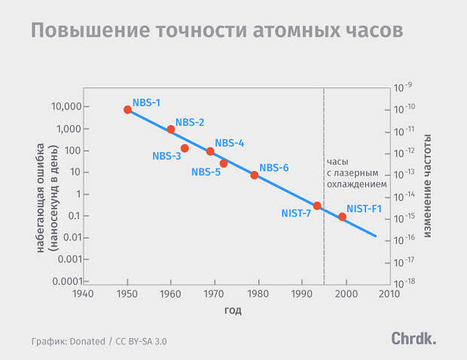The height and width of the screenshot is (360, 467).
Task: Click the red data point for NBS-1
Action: coord(127,109)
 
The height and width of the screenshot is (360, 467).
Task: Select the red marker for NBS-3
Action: coord(185,148)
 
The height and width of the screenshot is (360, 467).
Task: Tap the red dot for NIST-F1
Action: coord(342,217)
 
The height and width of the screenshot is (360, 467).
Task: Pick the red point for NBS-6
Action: coord(255,175)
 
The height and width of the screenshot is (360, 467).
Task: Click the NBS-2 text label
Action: coord(190,122)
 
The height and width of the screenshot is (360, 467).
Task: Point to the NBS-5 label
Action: coord(206,172)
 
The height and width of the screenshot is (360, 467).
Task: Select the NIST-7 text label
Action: coord(296,213)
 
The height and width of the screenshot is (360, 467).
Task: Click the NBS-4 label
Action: coord(229,143)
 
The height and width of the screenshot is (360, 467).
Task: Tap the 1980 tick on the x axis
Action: coord(258,294)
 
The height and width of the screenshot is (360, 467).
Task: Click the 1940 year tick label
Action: coord(83,294)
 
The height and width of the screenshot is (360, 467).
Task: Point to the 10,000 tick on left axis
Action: coord(66,106)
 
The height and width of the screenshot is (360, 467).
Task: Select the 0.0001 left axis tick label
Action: coord(67,281)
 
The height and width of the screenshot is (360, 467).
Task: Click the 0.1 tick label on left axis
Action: coord(75,215)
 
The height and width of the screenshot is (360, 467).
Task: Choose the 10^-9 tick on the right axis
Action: coord(403,87)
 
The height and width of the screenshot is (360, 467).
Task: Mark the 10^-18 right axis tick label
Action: coord(404,283)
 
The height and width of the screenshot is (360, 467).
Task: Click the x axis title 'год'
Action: coord(233,310)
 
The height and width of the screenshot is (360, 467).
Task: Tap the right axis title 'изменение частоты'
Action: coord(427,186)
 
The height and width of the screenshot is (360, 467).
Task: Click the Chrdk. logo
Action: coord(414,339)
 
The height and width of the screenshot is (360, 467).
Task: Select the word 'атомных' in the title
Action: coord(297,30)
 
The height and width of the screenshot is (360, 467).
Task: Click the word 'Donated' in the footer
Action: coord(87,341)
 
